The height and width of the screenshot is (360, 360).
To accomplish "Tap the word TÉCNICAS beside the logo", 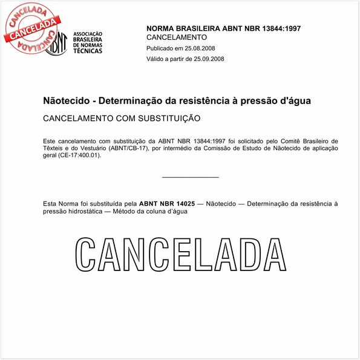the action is pyautogui.click(x=87, y=51).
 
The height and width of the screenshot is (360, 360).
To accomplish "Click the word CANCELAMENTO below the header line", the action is pyautogui.click(x=177, y=38).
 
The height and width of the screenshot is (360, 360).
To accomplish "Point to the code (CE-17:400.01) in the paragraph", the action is pyautogui.click(x=79, y=155).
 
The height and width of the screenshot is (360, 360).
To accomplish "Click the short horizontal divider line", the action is pyautogui.click(x=191, y=177).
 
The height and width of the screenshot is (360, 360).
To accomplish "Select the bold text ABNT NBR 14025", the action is pyautogui.click(x=167, y=204).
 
